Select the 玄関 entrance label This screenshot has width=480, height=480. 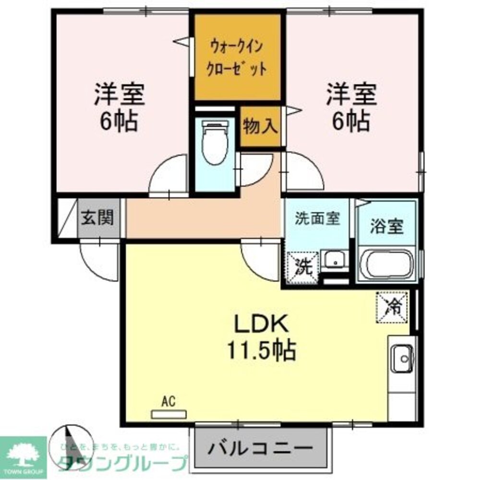pyautogui.click(x=97, y=218)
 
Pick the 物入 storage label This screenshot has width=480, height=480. pyautogui.click(x=260, y=126)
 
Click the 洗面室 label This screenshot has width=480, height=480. pyautogui.click(x=317, y=219)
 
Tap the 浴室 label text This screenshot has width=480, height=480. pyautogui.click(x=386, y=226)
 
